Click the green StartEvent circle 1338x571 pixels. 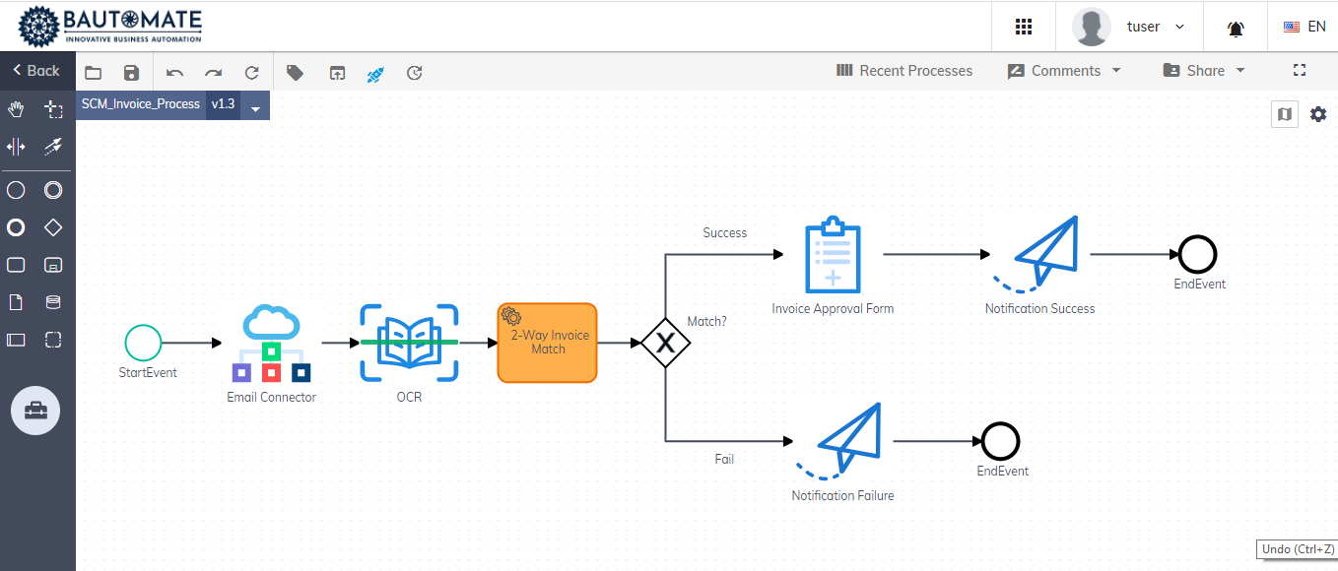[x=143, y=343]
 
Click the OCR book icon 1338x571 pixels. [x=409, y=342]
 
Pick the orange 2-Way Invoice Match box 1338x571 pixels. [x=547, y=343]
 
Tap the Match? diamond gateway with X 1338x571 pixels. [x=665, y=343]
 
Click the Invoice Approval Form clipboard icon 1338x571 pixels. [x=833, y=255]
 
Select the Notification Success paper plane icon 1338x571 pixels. [x=1039, y=255]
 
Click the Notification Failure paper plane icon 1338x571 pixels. [x=842, y=442]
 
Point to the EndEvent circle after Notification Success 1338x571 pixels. [x=1198, y=255]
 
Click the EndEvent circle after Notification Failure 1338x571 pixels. [x=1001, y=442]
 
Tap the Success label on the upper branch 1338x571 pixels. [x=724, y=233]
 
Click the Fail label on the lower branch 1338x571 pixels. [x=724, y=459]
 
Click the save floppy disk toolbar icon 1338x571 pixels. [x=131, y=72]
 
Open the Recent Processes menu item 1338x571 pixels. [x=903, y=71]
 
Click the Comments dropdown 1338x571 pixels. [x=1064, y=71]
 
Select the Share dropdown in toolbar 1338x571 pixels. [x=1204, y=71]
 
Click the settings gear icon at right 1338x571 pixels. [x=1318, y=114]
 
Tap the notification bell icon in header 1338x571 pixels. [x=1236, y=29]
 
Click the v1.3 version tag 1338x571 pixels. [x=223, y=104]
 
